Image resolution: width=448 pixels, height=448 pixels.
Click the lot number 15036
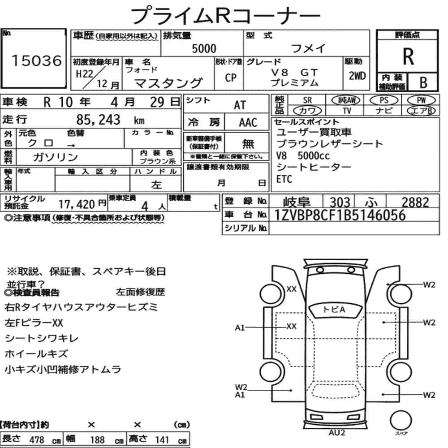click(x=37, y=60)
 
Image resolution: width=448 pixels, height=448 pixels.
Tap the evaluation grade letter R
click(x=408, y=56)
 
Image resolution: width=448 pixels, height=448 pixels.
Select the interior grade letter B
click(x=423, y=82)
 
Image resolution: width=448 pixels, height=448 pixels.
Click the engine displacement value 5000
click(x=204, y=48)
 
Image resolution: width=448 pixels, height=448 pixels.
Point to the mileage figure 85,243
click(x=98, y=120)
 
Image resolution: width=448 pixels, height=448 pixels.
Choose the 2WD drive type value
click(x=357, y=76)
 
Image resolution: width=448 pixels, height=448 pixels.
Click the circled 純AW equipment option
click(x=346, y=100)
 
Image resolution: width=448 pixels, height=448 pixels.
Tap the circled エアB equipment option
click(x=421, y=111)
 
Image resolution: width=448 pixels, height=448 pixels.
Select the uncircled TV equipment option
click(x=347, y=111)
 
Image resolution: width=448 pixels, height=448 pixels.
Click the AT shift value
click(x=240, y=105)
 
